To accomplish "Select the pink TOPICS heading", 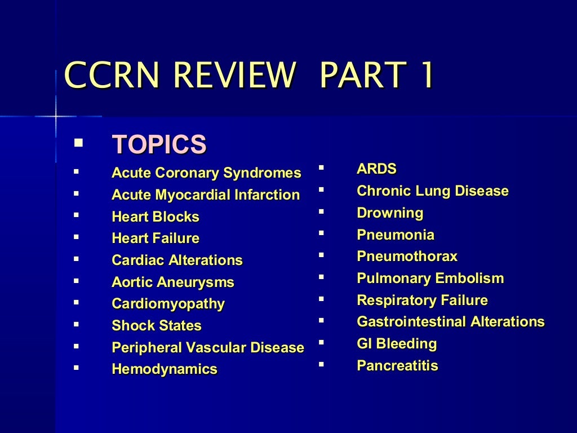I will point(159,144).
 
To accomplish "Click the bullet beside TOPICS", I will point(78,142).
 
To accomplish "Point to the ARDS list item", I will point(376,169).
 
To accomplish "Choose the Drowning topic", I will point(389,213).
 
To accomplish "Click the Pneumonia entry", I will point(395,235).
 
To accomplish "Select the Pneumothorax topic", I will point(407,257).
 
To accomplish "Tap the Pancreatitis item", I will point(397,366).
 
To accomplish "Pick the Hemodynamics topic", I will point(164,369).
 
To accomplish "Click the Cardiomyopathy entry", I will point(168,304).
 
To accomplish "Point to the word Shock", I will point(132,326).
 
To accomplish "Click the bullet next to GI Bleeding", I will point(321,342).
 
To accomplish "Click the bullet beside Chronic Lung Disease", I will point(321,189).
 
